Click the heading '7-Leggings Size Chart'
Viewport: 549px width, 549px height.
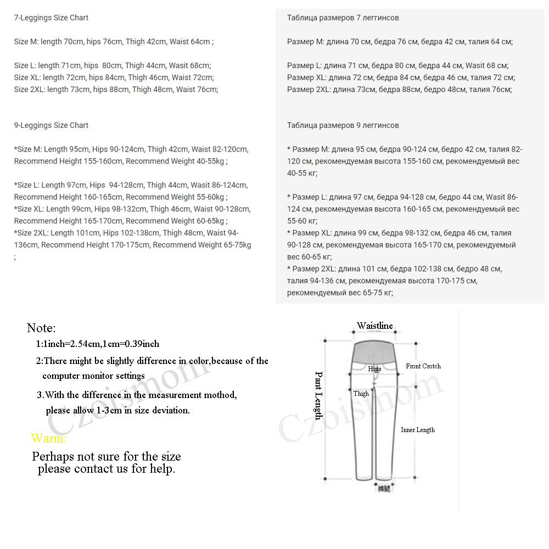click(51, 18)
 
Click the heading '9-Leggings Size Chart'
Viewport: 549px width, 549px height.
click(51, 125)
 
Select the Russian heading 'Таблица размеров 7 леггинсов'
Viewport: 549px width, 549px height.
click(343, 18)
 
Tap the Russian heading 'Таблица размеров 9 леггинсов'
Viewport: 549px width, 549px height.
click(343, 125)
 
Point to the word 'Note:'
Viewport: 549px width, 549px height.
click(41, 328)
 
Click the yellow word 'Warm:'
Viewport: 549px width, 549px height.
click(49, 438)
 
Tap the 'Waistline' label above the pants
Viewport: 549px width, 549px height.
click(375, 326)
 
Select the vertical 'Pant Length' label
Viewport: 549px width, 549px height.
click(318, 395)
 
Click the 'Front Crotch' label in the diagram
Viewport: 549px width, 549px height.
click(423, 366)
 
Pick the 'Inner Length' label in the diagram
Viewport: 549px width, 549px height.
click(417, 430)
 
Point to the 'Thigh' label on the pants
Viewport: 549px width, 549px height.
click(361, 394)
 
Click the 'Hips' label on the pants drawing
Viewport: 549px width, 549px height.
click(374, 369)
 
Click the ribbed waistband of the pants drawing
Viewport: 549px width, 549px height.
click(373, 349)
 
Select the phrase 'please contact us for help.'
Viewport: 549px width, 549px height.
click(107, 469)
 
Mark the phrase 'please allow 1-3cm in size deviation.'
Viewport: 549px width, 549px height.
click(117, 410)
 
